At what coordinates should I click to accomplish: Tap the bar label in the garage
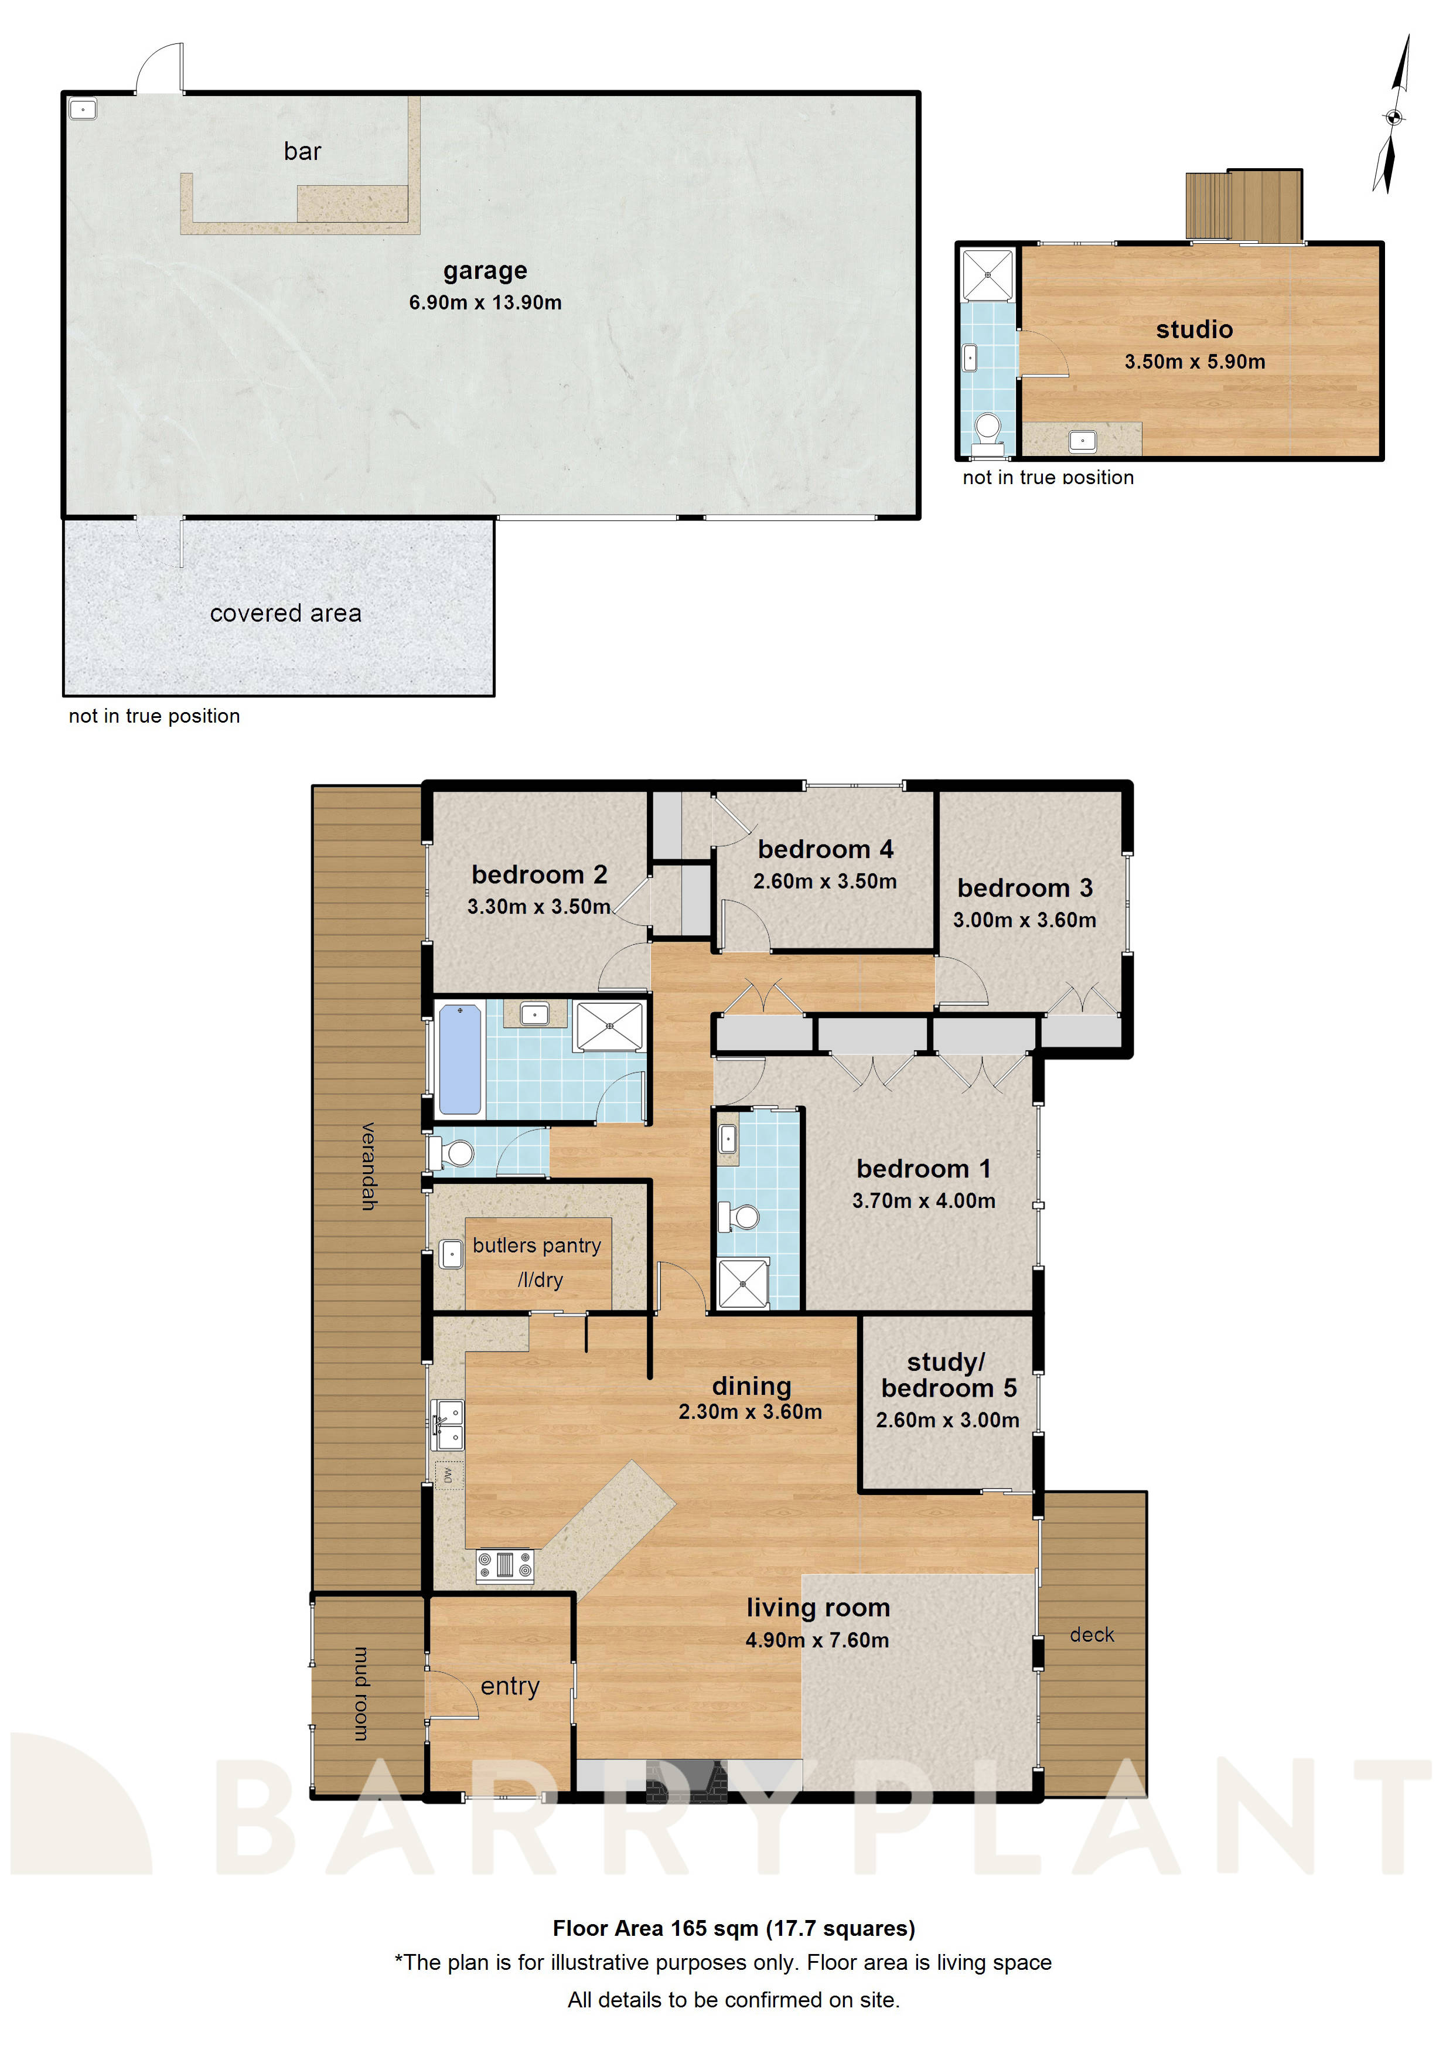pos(302,151)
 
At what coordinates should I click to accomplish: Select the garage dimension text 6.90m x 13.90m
pos(485,302)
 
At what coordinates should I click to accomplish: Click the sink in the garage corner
pos(83,109)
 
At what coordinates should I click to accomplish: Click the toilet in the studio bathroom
pos(987,428)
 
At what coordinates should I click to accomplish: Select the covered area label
pos(285,614)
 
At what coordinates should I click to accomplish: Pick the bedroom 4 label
pos(824,849)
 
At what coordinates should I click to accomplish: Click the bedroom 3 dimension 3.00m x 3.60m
pos(1024,920)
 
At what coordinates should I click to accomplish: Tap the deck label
pos(1092,1635)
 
